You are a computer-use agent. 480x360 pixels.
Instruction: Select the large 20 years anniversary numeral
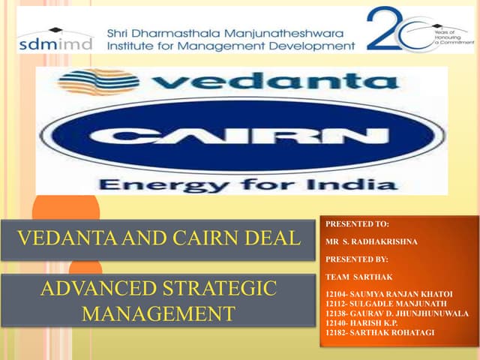click(394, 30)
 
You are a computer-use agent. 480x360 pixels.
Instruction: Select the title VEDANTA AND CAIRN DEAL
click(158, 239)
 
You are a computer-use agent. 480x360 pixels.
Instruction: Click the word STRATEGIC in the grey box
click(224, 287)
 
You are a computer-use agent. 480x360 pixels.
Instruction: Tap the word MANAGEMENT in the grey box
click(158, 312)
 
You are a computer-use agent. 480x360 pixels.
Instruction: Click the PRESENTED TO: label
click(358, 223)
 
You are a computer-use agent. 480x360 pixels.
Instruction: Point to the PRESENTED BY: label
click(358, 259)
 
